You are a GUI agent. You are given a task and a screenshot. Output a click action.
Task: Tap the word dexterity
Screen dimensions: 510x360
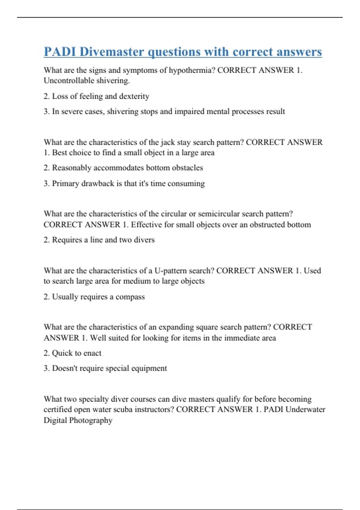134,96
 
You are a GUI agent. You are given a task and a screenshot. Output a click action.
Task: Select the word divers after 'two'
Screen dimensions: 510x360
144,240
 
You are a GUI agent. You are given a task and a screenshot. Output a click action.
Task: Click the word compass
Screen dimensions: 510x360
130,297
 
